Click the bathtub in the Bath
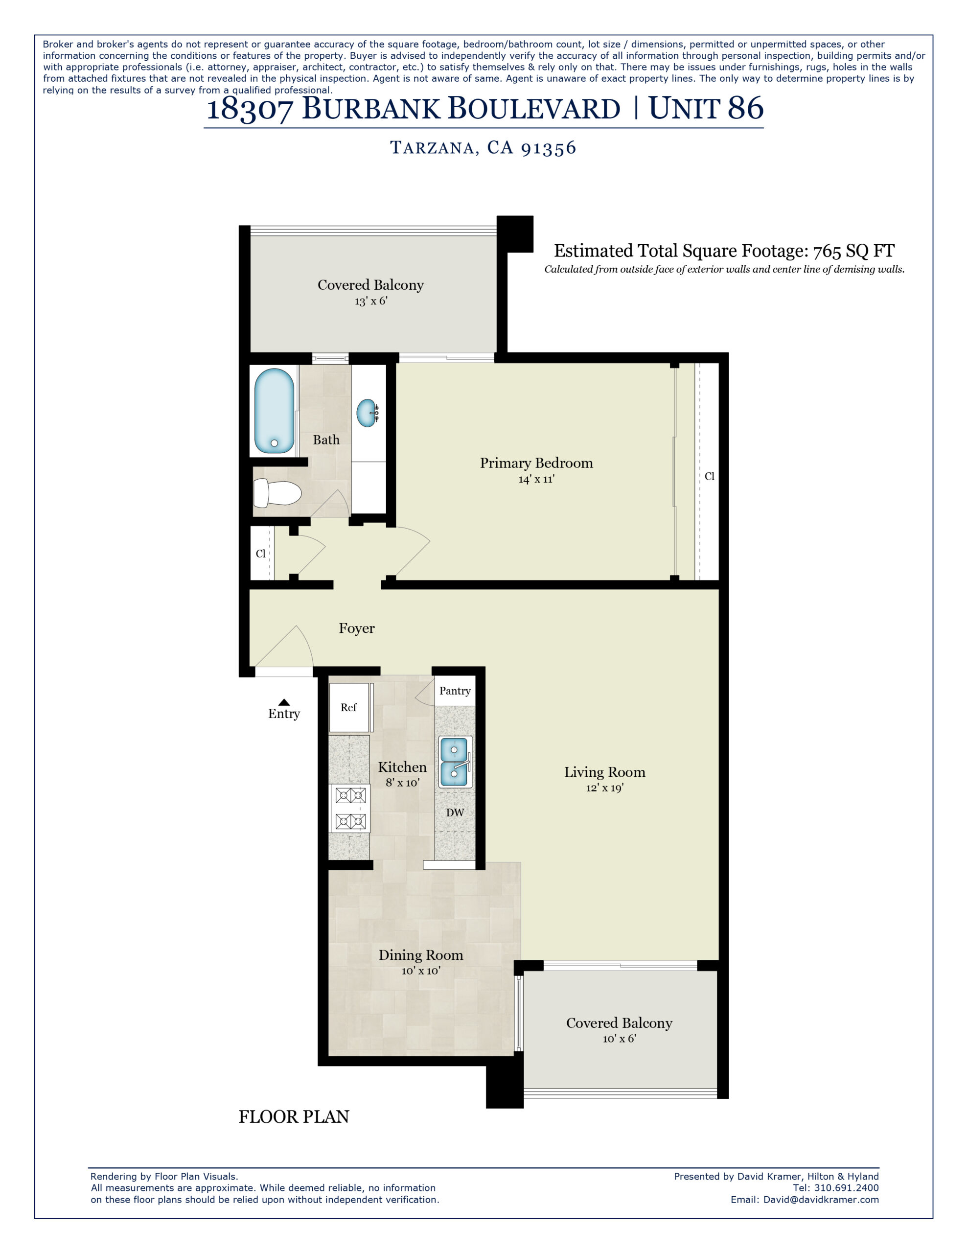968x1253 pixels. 274,411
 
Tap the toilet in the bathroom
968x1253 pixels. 277,493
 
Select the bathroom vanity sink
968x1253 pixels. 366,413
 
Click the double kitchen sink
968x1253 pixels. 455,761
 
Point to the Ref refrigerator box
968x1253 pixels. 348,707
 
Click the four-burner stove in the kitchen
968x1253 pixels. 350,809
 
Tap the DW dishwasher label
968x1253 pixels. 455,812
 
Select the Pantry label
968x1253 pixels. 455,691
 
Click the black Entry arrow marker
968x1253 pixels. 283,702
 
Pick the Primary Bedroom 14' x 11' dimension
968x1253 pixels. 536,479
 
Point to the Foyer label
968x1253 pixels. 356,628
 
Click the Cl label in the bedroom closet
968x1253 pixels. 709,476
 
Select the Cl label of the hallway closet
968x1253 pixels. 260,553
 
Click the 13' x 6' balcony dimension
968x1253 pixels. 370,301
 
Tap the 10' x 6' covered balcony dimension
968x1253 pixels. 619,1039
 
